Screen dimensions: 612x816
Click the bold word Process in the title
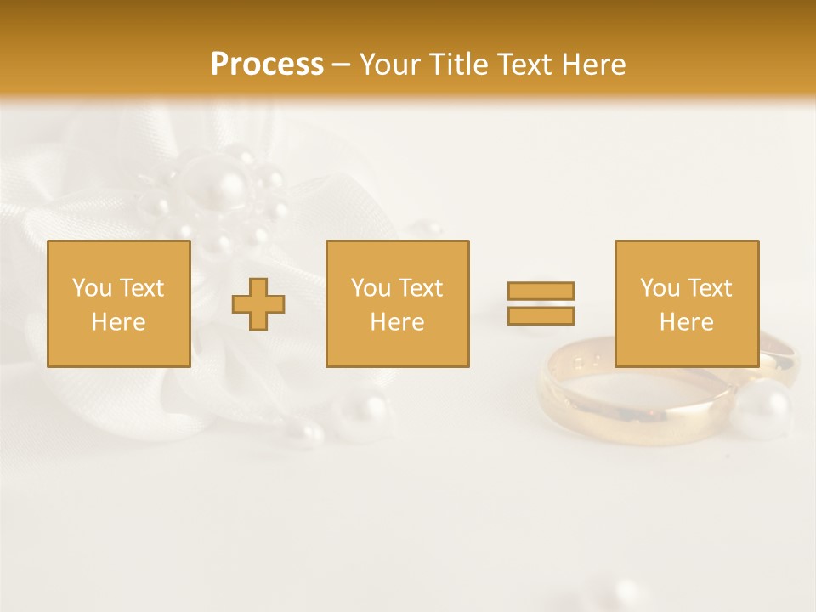pyautogui.click(x=267, y=65)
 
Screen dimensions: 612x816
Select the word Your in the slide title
pyautogui.click(x=392, y=65)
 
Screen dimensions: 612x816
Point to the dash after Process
pyautogui.click(x=342, y=65)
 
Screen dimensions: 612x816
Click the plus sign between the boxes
pyautogui.click(x=258, y=304)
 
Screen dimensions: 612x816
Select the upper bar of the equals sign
pyautogui.click(x=541, y=291)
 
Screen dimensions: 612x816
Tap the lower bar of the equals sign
pyautogui.click(x=541, y=315)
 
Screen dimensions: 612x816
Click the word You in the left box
pyautogui.click(x=92, y=288)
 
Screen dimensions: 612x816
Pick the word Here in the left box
pyautogui.click(x=118, y=322)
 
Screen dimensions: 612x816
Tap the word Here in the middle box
pyautogui.click(x=397, y=322)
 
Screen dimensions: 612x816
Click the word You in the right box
pyautogui.click(x=660, y=288)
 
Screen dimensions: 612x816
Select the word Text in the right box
pyautogui.click(x=709, y=288)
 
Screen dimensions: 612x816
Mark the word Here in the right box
pyautogui.click(x=686, y=322)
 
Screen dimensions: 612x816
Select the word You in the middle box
pyautogui.click(x=371, y=288)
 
